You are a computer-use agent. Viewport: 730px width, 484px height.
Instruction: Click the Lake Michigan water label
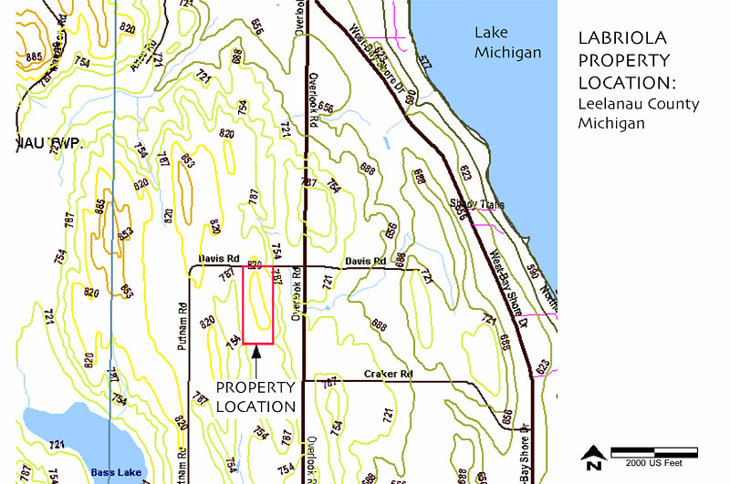(x=507, y=42)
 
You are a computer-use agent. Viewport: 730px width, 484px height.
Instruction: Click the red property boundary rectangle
(x=258, y=306)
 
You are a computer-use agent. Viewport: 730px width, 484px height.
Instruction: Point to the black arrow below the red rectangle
(x=257, y=355)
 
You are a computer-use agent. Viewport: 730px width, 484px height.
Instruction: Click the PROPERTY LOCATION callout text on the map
(x=255, y=396)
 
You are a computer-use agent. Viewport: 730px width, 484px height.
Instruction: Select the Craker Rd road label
(x=389, y=375)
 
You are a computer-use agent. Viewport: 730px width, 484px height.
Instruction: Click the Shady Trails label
(x=476, y=205)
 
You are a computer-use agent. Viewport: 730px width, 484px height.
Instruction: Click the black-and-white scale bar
(x=653, y=451)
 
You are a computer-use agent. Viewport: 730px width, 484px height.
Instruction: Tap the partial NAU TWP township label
(x=48, y=144)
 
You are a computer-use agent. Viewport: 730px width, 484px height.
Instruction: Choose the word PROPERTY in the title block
(x=623, y=61)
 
